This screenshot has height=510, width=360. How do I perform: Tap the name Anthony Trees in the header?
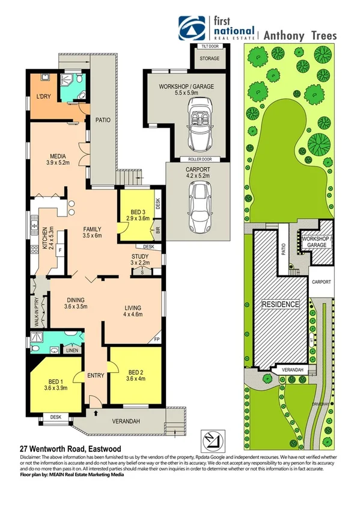pos(299,35)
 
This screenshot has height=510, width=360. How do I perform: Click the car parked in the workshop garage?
pos(198,126)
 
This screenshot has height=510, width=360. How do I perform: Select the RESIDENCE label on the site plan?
pos(279,304)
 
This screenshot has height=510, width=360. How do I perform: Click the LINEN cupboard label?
pos(72,350)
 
